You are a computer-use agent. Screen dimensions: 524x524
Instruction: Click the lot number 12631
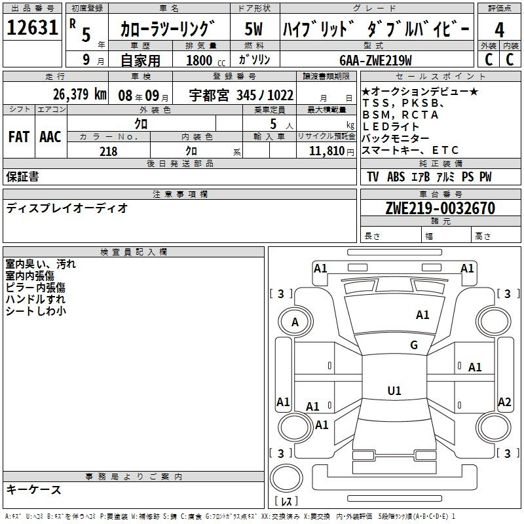[32, 28]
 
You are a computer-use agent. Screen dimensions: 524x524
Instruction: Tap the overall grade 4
[499, 30]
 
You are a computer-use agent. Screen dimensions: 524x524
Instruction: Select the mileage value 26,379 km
[79, 94]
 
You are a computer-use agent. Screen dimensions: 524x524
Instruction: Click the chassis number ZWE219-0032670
[440, 208]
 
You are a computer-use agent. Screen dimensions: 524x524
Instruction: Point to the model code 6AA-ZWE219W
[375, 60]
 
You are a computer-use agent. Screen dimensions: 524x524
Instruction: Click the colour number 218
[108, 151]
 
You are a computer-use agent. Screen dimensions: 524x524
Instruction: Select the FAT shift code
[19, 137]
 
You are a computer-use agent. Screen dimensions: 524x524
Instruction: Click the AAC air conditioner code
[50, 137]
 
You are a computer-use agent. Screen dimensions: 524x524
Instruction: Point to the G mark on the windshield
[414, 345]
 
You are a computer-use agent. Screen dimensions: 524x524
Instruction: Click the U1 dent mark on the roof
[394, 390]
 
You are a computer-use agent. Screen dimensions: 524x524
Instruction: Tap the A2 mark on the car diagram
[504, 402]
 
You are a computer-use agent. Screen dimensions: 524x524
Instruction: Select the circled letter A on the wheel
[295, 322]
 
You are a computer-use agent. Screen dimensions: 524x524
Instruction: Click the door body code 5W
[253, 29]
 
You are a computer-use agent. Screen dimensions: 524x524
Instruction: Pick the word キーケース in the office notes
[34, 489]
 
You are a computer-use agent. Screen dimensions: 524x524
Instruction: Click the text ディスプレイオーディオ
[67, 208]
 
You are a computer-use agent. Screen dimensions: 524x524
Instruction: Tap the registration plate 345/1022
[265, 95]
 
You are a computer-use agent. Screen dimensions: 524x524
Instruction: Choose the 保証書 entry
[22, 177]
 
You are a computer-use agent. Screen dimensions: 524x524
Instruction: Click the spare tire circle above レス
[286, 478]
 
